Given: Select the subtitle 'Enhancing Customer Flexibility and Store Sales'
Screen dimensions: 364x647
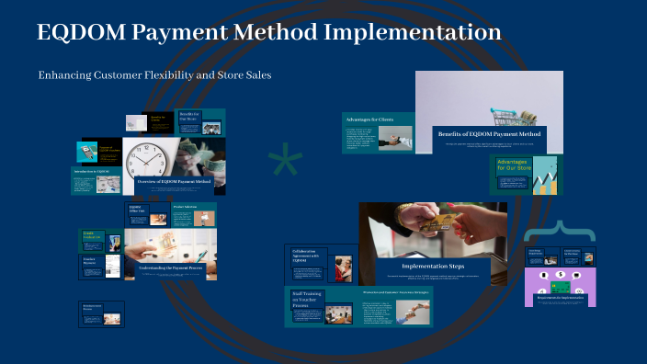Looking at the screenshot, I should [x=154, y=75].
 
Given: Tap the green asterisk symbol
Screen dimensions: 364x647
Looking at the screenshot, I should [x=285, y=164].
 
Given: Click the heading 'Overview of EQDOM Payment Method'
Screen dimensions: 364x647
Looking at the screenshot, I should [x=175, y=182].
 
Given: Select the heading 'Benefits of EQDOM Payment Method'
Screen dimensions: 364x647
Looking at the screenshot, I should [x=489, y=134].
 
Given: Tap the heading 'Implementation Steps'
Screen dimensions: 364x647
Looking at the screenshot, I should [x=433, y=266].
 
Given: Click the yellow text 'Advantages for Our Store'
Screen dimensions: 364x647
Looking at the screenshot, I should [x=512, y=165].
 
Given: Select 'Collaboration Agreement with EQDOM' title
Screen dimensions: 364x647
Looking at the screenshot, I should [x=307, y=256].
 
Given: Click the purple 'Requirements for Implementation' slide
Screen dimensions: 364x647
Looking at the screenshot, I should [x=560, y=288].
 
